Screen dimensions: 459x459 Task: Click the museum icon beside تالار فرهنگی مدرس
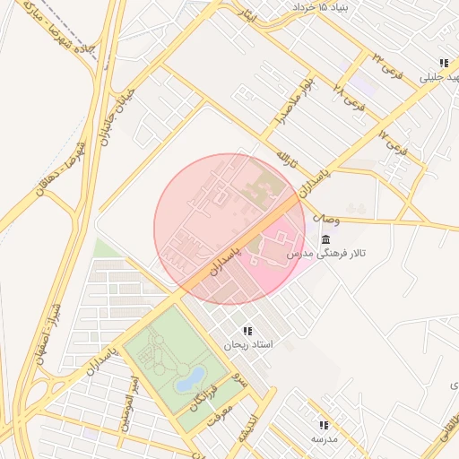coord(324,239)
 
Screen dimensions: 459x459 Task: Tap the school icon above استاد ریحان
coord(247,331)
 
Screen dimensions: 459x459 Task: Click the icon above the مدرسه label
coord(323,425)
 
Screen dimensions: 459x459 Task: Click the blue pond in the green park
coord(189,380)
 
